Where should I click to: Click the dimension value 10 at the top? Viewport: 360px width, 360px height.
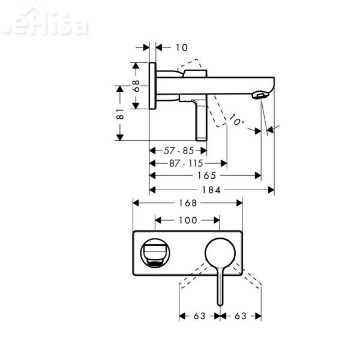pyautogui.click(x=182, y=47)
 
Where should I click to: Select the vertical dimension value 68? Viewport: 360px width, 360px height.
pyautogui.click(x=137, y=86)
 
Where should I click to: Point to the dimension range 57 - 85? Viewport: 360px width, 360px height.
pyautogui.click(x=178, y=151)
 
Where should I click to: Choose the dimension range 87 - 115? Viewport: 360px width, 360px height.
pyautogui.click(x=187, y=163)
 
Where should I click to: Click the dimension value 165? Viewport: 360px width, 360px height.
pyautogui.click(x=206, y=176)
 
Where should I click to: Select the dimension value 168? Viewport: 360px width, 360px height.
pyautogui.click(x=187, y=203)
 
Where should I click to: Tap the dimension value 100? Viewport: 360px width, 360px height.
pyautogui.click(x=187, y=220)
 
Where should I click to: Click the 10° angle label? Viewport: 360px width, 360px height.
pyautogui.click(x=237, y=121)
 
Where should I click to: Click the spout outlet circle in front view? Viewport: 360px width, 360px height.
pyautogui.click(x=155, y=254)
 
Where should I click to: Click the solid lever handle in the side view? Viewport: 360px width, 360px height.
pyautogui.click(x=200, y=120)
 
